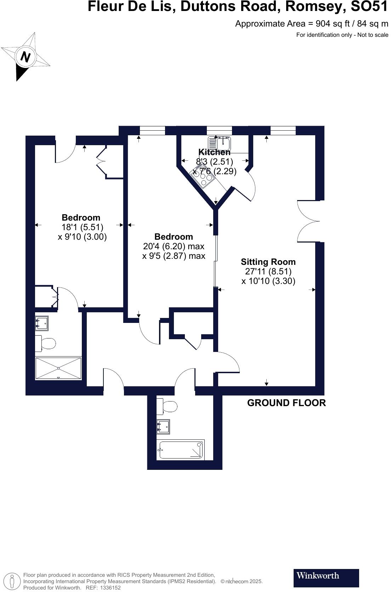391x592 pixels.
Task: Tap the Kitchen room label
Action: tap(214, 152)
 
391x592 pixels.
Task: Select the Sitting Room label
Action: tap(268, 262)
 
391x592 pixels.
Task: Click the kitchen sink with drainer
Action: tap(220, 143)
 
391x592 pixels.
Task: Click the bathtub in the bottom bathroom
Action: tap(181, 450)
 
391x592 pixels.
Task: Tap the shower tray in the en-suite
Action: tap(58, 368)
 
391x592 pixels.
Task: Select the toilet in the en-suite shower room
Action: tap(46, 343)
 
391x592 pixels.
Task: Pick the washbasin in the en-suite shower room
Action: tap(42, 323)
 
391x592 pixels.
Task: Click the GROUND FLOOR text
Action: tap(286, 403)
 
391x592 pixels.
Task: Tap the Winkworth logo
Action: tap(326, 578)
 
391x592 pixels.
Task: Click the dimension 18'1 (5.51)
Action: tap(82, 227)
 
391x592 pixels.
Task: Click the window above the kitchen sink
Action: tap(219, 131)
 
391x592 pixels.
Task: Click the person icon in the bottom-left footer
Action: tap(12, 581)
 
